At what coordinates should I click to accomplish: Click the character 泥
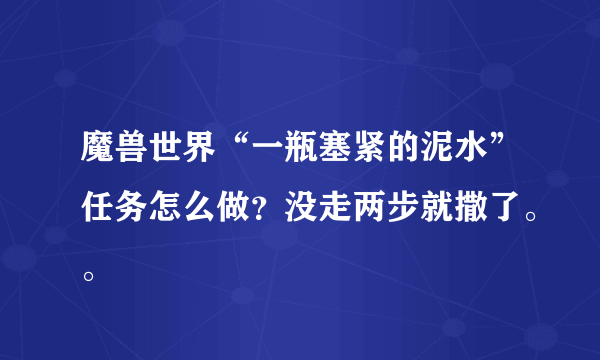(437, 147)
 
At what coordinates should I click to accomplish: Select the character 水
(471, 147)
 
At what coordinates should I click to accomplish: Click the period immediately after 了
(531, 215)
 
